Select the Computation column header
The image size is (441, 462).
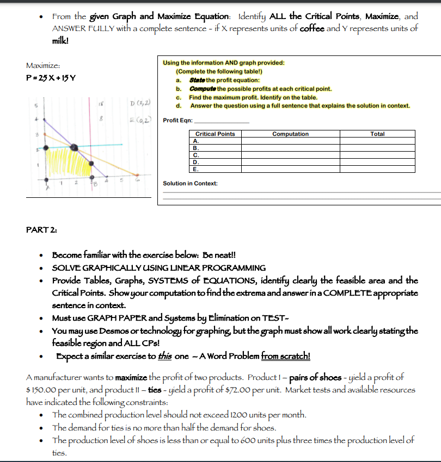[290, 134]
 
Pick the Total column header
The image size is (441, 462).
[377, 134]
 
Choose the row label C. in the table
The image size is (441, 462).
[196, 154]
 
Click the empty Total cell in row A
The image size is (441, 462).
[377, 140]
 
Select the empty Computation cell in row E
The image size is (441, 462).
[290, 168]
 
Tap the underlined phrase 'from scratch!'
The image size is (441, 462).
[286, 356]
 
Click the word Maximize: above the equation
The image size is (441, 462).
[39, 65]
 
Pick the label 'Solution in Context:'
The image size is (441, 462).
[190, 183]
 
